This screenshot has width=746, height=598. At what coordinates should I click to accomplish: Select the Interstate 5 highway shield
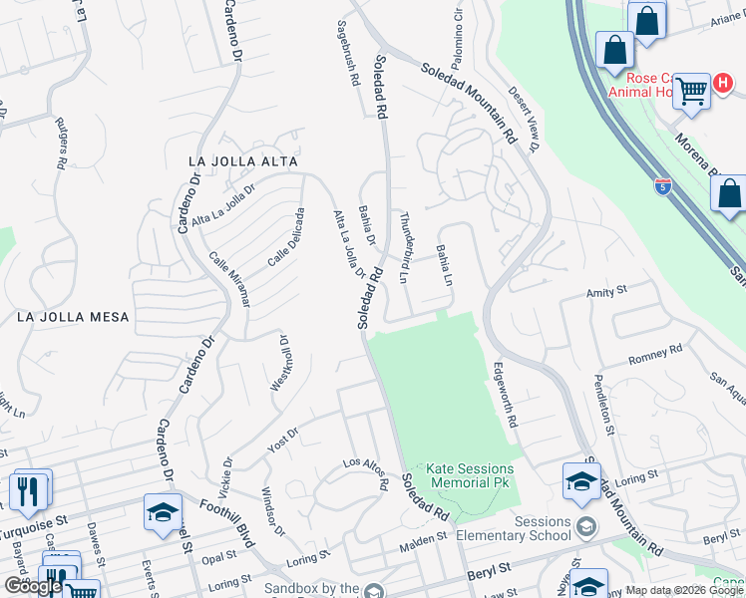(663, 185)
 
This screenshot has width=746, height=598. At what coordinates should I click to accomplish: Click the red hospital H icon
(718, 83)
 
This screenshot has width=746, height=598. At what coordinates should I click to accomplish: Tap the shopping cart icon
(690, 92)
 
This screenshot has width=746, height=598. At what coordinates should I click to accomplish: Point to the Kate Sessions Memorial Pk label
(470, 475)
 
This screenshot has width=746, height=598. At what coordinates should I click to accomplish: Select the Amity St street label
(605, 291)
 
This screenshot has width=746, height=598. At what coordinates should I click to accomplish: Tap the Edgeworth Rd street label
(505, 394)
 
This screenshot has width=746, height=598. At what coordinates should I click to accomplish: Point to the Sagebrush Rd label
(348, 55)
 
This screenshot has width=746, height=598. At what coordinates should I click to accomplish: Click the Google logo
(34, 586)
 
